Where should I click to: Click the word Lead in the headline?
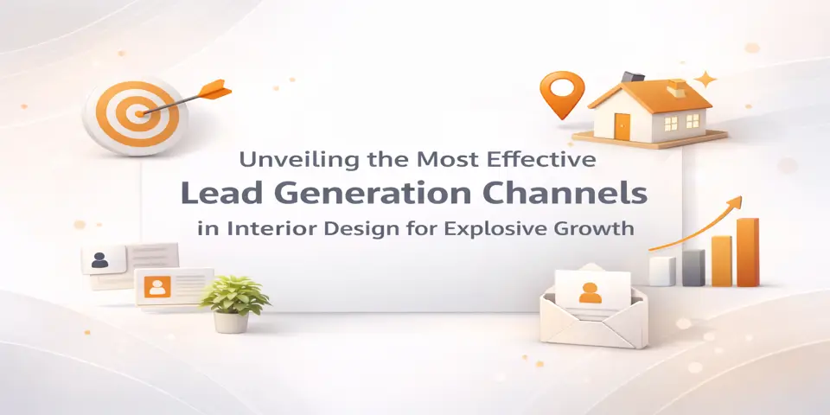(215, 194)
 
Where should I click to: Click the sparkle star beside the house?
(705, 79)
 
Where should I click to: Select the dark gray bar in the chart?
(693, 268)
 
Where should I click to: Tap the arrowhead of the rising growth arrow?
(736, 203)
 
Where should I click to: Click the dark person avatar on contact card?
(99, 258)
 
